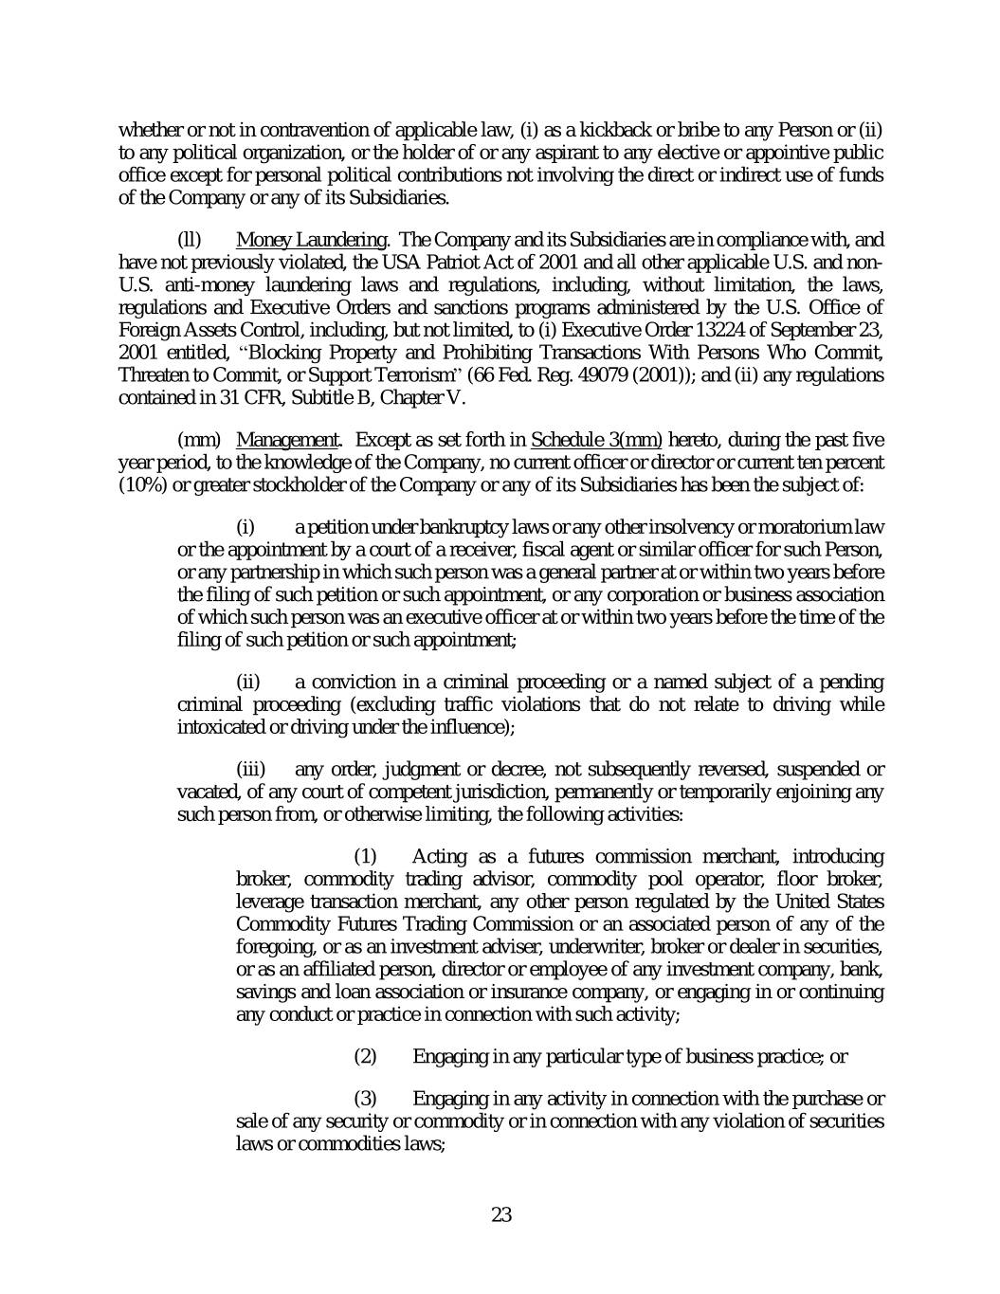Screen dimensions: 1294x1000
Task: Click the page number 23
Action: click(501, 1214)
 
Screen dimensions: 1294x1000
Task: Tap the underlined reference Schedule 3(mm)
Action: click(596, 440)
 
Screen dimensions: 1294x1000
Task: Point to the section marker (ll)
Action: click(190, 240)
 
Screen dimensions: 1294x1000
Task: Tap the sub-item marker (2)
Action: click(365, 1056)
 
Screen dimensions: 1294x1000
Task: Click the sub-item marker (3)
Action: click(365, 1100)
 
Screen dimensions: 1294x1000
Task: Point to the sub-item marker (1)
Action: click(365, 857)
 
